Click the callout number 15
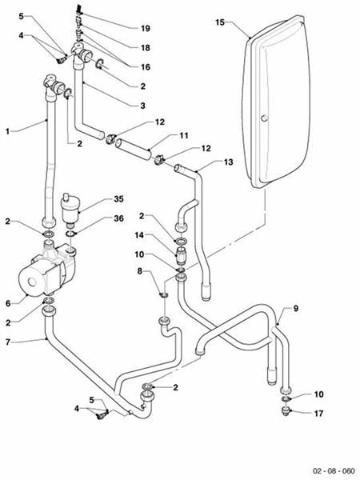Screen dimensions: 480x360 point(219,23)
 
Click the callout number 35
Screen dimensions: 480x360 point(118,198)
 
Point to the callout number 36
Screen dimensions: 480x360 point(118,218)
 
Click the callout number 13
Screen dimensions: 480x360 point(227,161)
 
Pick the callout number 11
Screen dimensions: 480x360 point(183,135)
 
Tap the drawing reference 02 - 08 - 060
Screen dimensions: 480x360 point(334,471)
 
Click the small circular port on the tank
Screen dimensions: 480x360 point(263,120)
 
